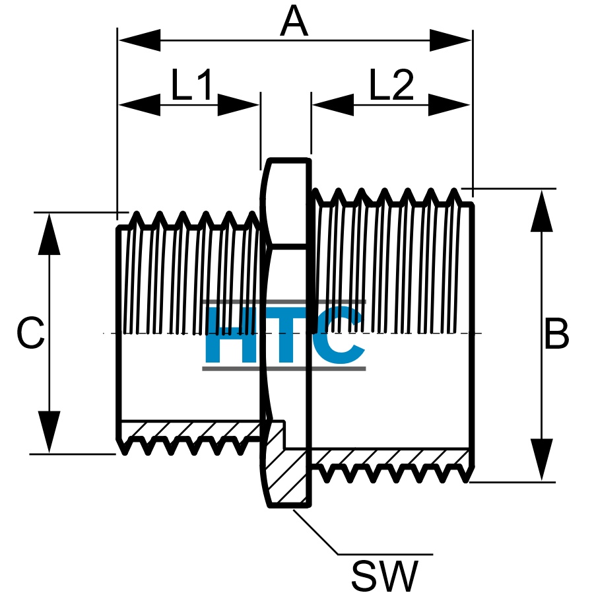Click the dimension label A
294,22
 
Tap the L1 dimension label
191,85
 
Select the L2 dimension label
391,85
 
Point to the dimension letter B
556,333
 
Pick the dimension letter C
31,333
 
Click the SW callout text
384,575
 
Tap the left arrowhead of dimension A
139,40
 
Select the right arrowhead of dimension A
450,40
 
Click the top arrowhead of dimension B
542,211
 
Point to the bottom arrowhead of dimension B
542,460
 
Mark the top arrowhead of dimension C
49,234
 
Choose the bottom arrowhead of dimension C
49,432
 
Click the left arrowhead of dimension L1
139,105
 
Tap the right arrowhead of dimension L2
449,105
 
